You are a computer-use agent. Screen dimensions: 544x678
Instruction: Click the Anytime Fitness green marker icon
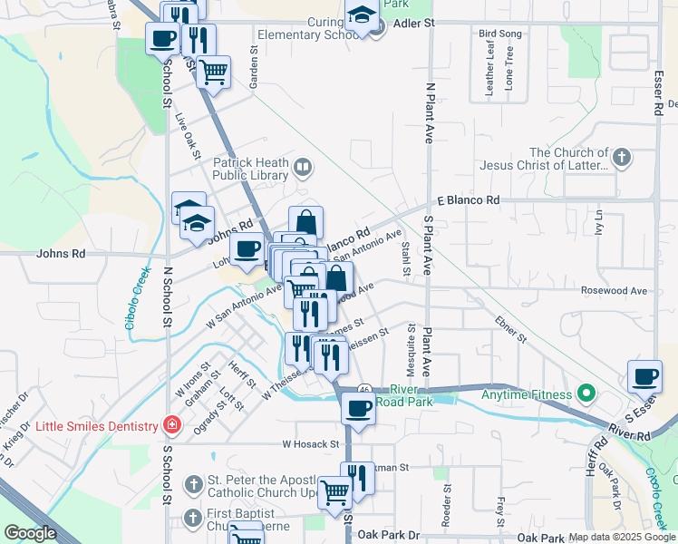click(x=585, y=394)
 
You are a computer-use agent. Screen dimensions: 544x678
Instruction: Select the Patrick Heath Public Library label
click(x=250, y=170)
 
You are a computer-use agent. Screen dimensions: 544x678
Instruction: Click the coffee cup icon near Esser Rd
click(x=644, y=377)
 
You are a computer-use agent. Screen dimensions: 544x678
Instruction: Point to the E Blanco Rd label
click(x=468, y=199)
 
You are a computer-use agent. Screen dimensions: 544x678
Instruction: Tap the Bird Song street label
click(x=499, y=34)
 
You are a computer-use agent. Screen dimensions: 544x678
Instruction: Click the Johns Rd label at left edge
click(x=60, y=255)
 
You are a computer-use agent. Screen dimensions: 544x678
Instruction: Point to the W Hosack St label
click(x=310, y=444)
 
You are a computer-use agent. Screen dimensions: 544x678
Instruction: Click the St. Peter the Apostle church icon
click(x=192, y=485)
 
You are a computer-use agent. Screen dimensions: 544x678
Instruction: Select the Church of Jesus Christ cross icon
click(x=621, y=159)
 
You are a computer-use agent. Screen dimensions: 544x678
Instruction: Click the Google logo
click(x=30, y=534)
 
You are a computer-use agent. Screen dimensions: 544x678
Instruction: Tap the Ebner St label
click(x=510, y=329)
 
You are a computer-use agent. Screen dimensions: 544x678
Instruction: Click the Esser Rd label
click(x=658, y=88)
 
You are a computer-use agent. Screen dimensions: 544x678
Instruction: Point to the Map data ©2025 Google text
click(x=621, y=537)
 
